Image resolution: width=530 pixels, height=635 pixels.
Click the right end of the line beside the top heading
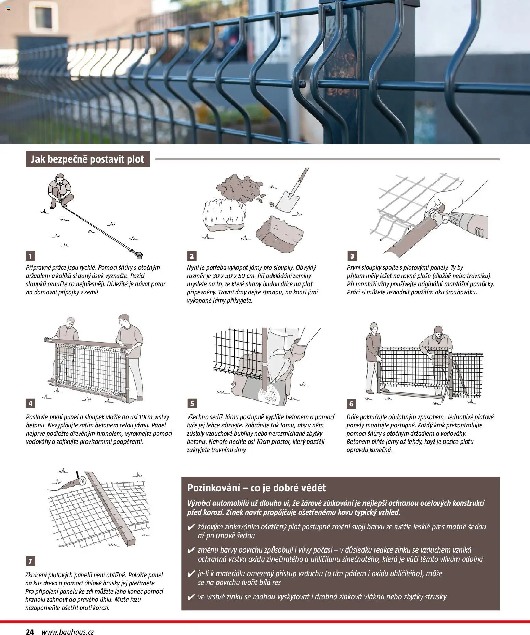499,159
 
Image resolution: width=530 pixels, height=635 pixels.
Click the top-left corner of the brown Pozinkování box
182,477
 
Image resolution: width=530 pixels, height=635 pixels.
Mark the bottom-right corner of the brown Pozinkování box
500,610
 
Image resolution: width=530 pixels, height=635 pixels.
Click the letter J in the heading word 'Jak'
33,160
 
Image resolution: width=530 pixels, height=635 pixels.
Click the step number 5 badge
192,404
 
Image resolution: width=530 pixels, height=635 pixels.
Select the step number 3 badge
352,256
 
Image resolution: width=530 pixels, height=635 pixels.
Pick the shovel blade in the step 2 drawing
286,202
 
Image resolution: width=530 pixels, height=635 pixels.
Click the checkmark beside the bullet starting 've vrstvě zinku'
191,597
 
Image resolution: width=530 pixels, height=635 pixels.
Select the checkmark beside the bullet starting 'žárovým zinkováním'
191,527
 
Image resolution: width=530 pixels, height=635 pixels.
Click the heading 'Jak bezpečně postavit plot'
88,159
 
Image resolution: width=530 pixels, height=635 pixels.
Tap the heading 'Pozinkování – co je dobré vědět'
256,488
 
